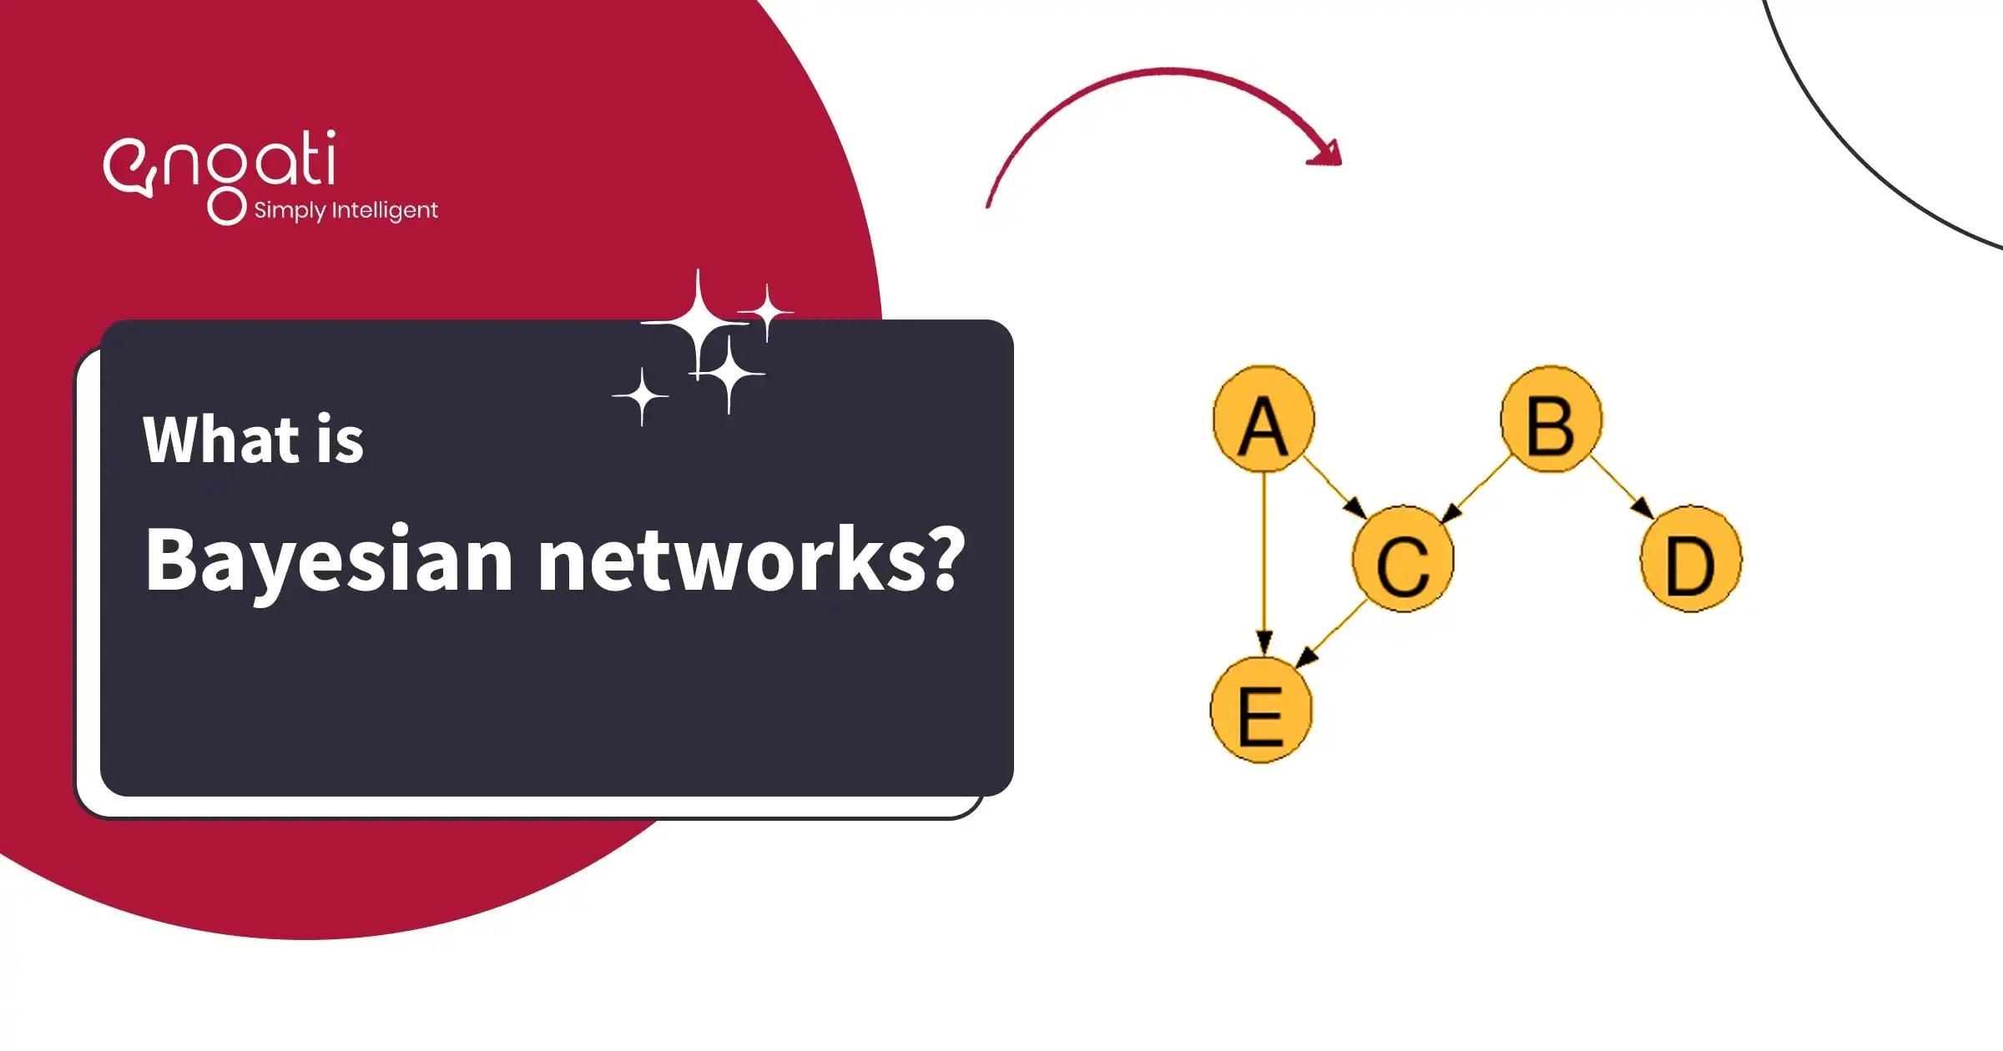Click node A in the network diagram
click(1264, 420)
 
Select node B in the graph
click(1551, 420)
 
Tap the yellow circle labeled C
click(1403, 559)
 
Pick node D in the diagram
click(1691, 559)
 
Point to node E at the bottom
click(1261, 711)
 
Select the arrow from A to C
click(1334, 487)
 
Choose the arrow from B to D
click(1622, 487)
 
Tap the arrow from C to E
click(1332, 636)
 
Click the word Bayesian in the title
click(328, 561)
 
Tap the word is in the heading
click(340, 440)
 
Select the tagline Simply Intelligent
click(346, 210)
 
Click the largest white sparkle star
click(699, 323)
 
